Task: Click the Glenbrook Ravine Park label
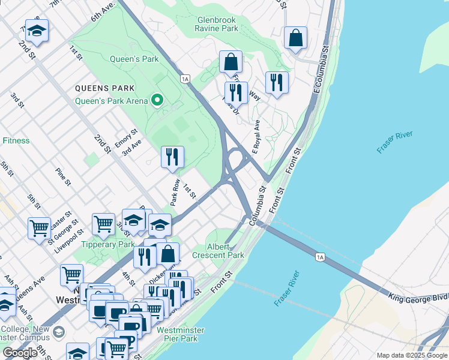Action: (217, 24)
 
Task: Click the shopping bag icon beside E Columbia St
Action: (295, 39)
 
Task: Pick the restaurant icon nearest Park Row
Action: (172, 157)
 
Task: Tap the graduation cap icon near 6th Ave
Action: (37, 32)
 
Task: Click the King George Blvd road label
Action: (418, 296)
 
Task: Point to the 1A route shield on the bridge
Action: (320, 257)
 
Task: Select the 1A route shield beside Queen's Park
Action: (185, 79)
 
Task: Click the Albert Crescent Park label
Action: (218, 251)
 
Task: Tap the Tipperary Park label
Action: (109, 244)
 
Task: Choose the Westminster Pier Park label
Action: (180, 335)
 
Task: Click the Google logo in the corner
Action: (20, 353)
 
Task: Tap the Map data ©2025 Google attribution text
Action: (412, 355)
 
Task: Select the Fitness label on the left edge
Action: (16, 140)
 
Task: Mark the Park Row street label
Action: (176, 192)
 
